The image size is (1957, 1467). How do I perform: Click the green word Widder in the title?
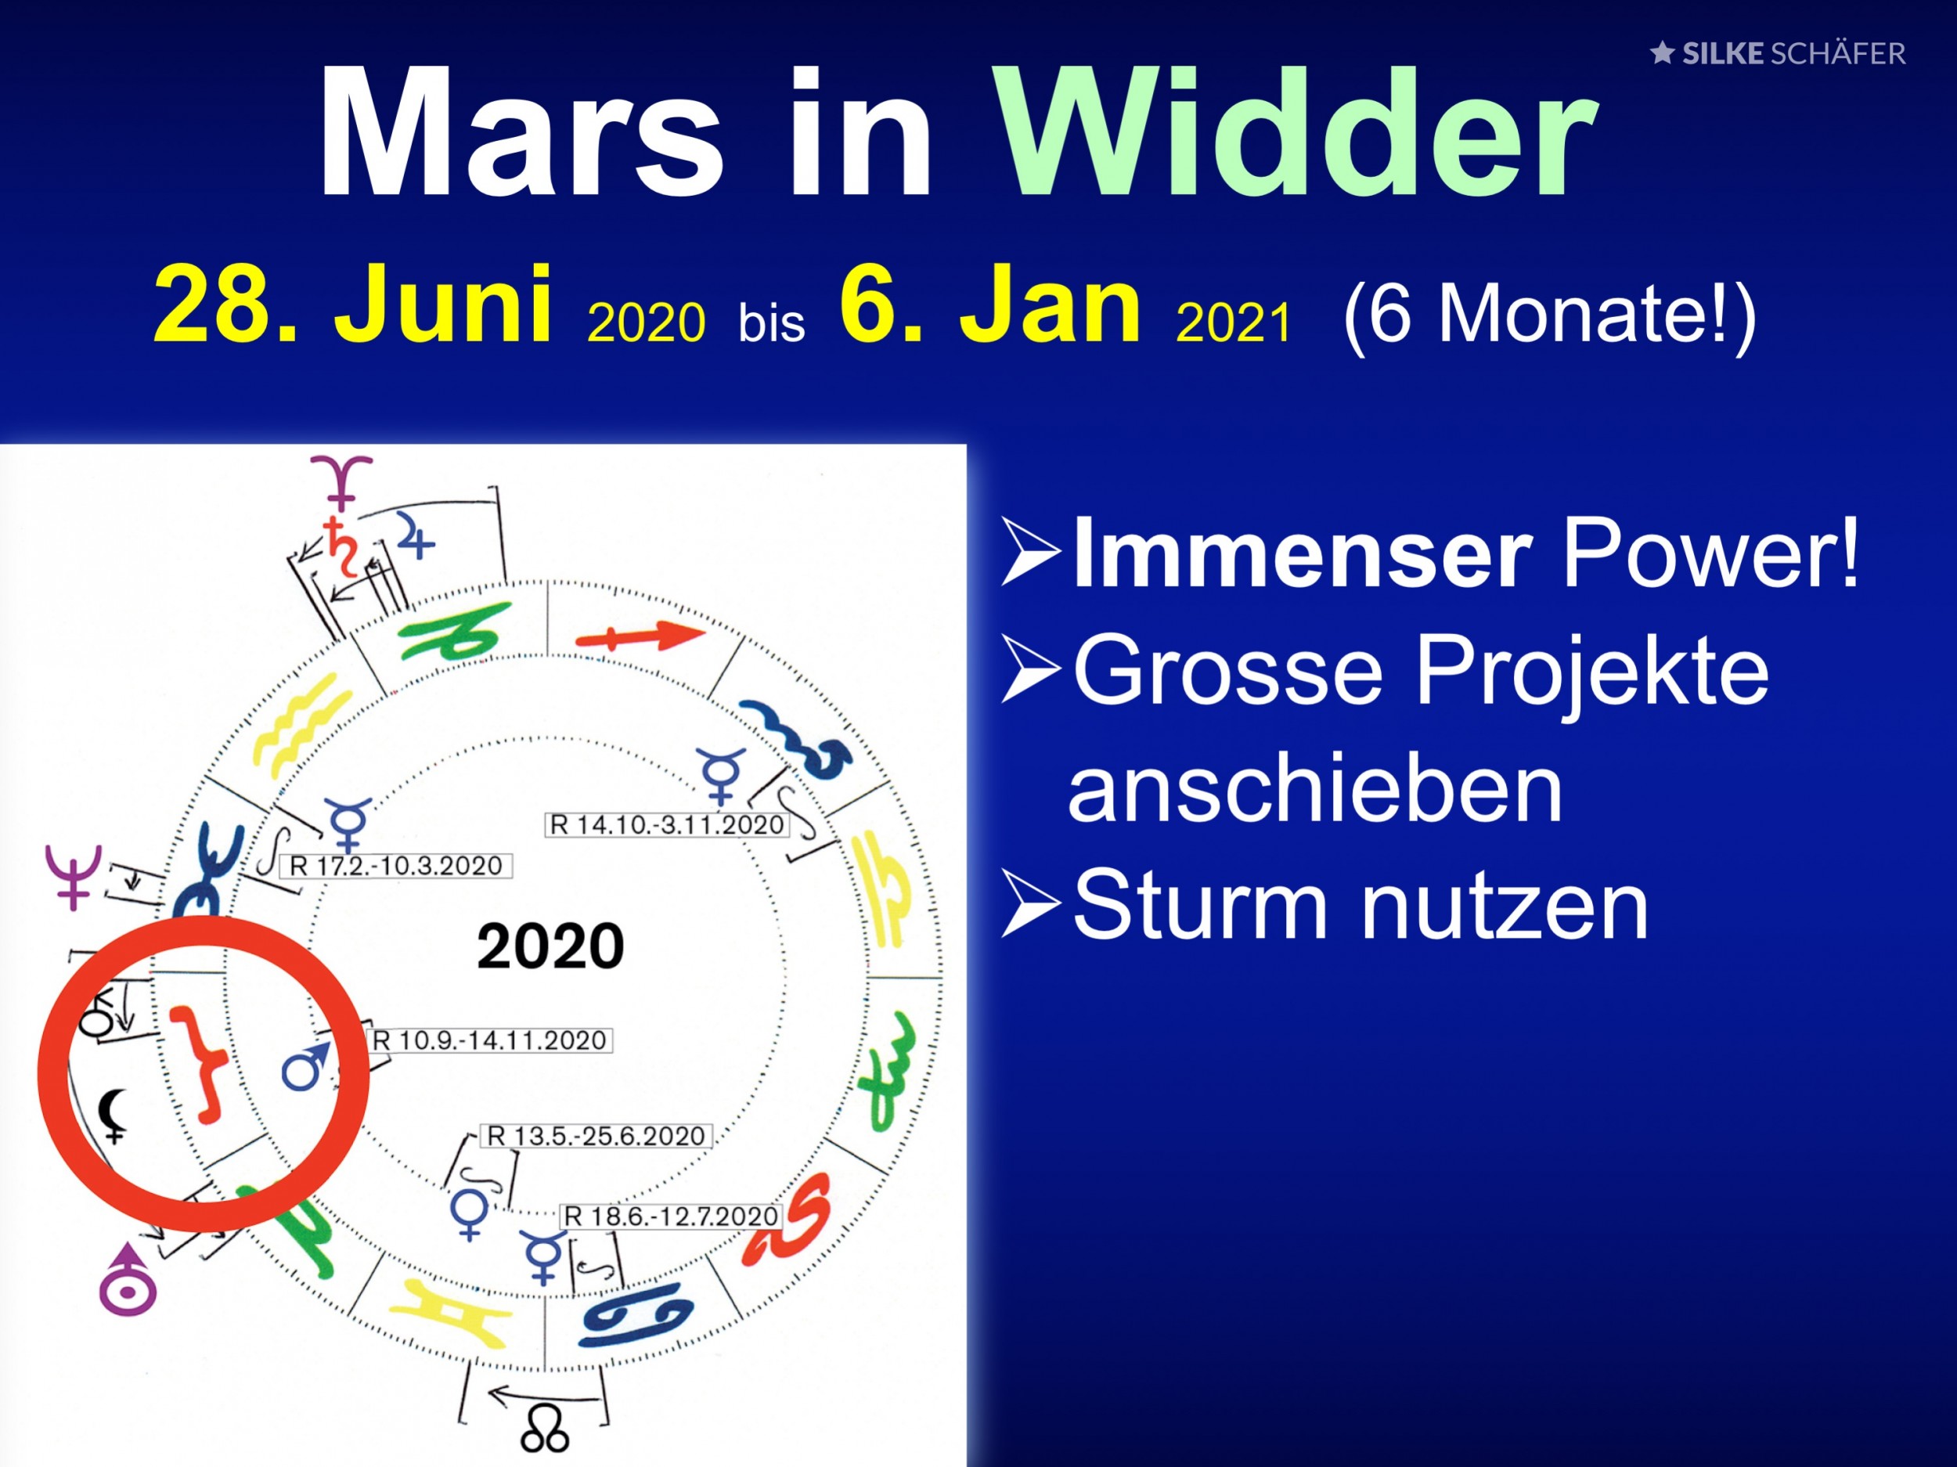(x=1296, y=132)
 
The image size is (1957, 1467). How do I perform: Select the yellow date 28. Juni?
(x=354, y=305)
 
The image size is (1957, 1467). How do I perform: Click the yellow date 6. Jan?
(x=991, y=305)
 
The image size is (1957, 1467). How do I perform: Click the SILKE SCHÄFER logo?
(x=1779, y=54)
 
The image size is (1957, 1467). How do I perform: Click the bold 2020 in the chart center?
(x=550, y=946)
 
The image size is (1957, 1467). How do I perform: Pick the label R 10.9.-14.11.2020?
(x=489, y=1040)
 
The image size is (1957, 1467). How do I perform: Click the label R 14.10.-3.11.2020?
(x=666, y=824)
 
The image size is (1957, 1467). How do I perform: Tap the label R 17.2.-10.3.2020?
(x=396, y=865)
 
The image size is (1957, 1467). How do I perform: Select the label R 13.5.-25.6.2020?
(x=597, y=1136)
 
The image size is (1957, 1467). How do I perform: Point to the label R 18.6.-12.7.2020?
(x=672, y=1216)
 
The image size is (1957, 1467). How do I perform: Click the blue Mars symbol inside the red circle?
(x=306, y=1065)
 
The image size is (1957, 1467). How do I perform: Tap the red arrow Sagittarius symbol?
(x=640, y=636)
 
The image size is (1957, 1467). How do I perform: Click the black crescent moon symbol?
(x=114, y=1116)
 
